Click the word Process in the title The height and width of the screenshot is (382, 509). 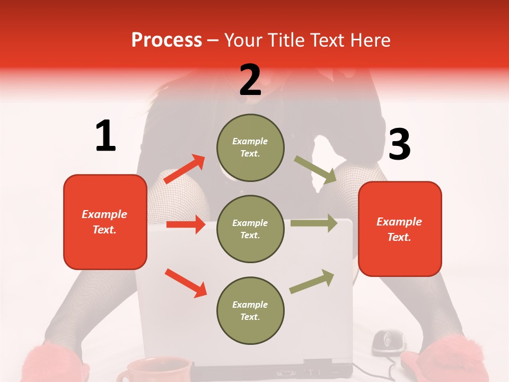point(166,40)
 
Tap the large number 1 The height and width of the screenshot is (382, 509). point(106,136)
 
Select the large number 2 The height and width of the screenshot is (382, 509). point(250,80)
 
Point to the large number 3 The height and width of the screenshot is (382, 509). point(399,144)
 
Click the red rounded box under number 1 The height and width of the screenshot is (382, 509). point(105,222)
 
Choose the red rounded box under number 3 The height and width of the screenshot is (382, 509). point(400,229)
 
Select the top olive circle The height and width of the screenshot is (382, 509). point(250,147)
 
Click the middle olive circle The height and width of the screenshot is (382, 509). point(250,229)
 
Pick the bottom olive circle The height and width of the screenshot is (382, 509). point(250,311)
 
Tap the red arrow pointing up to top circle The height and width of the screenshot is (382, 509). point(185,169)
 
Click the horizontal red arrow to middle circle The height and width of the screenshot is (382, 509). point(186,224)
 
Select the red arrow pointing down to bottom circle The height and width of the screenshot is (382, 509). point(186,283)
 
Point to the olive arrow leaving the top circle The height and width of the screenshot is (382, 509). point(315,169)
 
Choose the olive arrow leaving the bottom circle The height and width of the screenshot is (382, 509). point(312,281)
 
